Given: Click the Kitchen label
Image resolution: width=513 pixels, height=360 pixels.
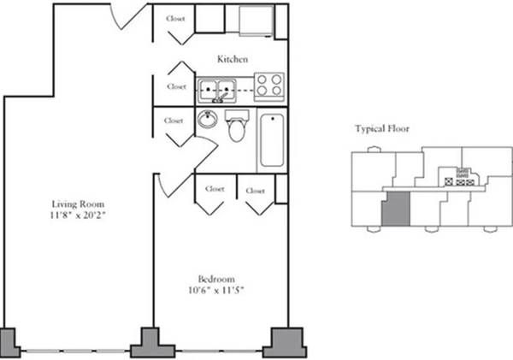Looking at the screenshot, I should point(233,60).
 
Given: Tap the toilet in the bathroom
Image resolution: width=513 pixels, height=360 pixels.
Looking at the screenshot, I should point(237,127).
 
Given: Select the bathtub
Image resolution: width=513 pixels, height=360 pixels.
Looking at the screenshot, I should point(270,139).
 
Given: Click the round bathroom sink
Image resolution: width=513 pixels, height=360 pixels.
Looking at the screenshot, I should point(208,120).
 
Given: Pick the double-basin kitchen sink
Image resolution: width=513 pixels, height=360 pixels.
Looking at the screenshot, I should point(218,86).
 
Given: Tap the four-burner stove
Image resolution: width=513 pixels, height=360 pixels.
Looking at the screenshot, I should point(269,86).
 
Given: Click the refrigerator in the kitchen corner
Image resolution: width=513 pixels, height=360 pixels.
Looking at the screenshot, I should point(254,21).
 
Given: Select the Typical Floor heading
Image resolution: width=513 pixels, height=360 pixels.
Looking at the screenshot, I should point(382,129).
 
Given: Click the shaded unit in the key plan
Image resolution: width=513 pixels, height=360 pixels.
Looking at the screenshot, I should point(394,209).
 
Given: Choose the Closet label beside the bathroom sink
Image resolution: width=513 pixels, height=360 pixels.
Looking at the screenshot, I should point(174,121).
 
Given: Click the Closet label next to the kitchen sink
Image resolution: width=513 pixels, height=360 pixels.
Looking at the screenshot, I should point(177,86).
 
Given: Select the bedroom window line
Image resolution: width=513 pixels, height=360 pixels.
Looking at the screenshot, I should point(219,351).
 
